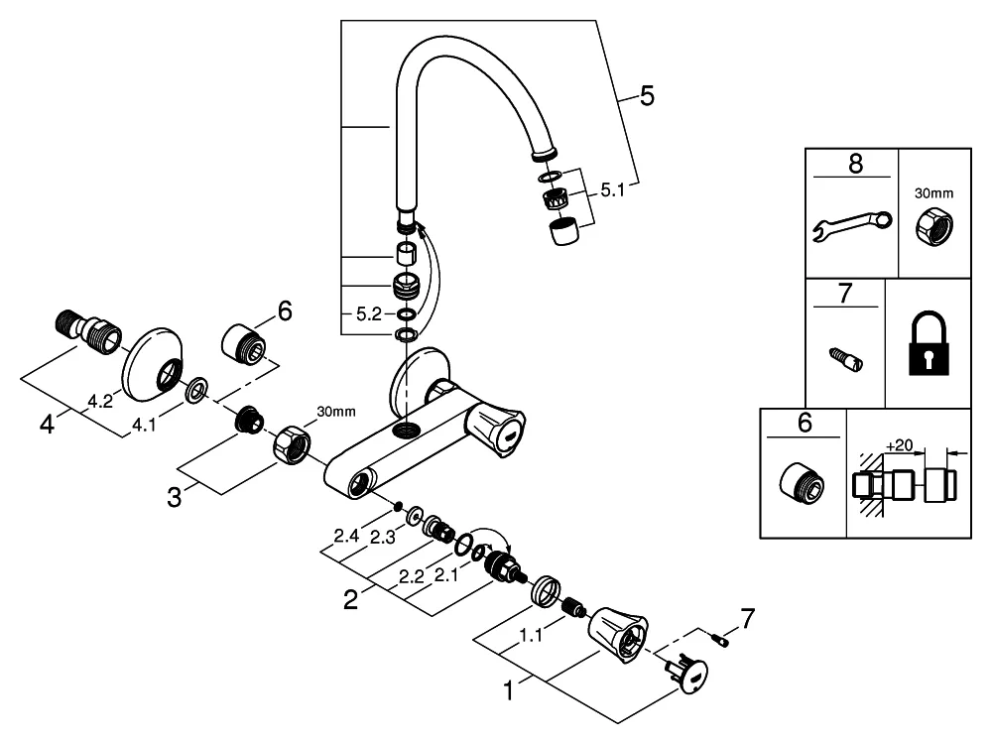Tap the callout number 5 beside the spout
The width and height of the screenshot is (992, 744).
647,96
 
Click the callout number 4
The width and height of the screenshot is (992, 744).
46,424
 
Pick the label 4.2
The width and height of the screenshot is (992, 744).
98,403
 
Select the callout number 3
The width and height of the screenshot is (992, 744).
175,496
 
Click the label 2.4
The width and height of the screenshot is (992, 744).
346,537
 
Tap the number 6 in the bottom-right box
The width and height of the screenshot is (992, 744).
805,424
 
